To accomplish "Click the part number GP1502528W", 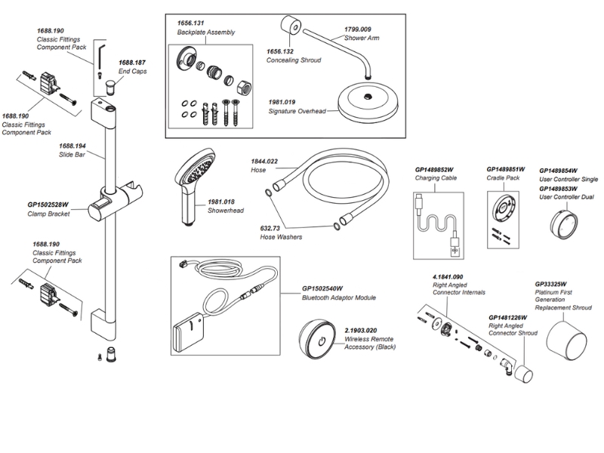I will tap(48, 205).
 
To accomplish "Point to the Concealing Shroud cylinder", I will tap(289, 29).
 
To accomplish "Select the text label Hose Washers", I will tap(281, 237).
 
